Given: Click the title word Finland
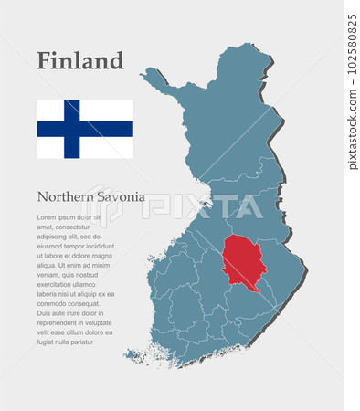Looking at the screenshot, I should coord(79,61).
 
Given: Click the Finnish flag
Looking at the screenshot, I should coord(85,129).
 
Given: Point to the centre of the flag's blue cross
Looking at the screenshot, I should coord(71,129).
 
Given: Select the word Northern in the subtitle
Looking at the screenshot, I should coord(66,196).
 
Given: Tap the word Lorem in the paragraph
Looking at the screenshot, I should coord(47,217).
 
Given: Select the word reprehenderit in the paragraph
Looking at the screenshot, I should coord(65,322).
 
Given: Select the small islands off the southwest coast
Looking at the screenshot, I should coord(134,354).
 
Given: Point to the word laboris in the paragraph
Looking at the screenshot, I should coord(49,294).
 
